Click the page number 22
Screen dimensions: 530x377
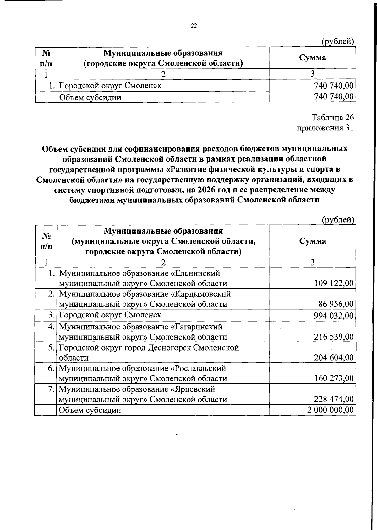(x=194, y=26)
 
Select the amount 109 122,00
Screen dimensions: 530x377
(x=334, y=284)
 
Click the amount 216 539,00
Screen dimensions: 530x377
(x=334, y=337)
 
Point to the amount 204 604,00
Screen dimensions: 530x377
(x=334, y=358)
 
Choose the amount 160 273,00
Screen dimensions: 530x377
(x=334, y=378)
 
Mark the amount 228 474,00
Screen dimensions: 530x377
(x=334, y=399)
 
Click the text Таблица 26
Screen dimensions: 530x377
(x=333, y=118)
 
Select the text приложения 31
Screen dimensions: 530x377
(x=325, y=128)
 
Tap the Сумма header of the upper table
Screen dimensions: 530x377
(x=312, y=58)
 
